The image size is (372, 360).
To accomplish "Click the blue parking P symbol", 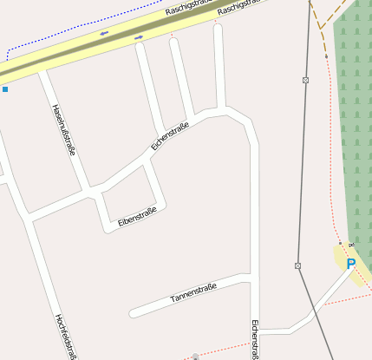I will click(351, 264).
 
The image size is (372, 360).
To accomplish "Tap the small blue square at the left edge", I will click(4, 88).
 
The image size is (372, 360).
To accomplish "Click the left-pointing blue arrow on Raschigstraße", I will click(104, 34).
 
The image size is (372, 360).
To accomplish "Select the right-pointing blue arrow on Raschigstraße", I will click(139, 37).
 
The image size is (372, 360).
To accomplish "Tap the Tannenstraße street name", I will click(193, 293).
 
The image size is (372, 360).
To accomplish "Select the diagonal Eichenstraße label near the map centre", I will click(169, 135).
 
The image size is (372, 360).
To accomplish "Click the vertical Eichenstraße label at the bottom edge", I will click(255, 338).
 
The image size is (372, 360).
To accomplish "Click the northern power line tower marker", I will click(305, 80).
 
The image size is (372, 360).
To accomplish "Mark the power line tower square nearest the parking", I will click(297, 265).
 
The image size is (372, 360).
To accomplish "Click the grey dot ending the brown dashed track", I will click(326, 56).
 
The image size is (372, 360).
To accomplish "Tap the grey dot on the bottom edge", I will click(196, 356).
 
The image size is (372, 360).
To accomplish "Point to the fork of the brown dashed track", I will click(320, 28).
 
